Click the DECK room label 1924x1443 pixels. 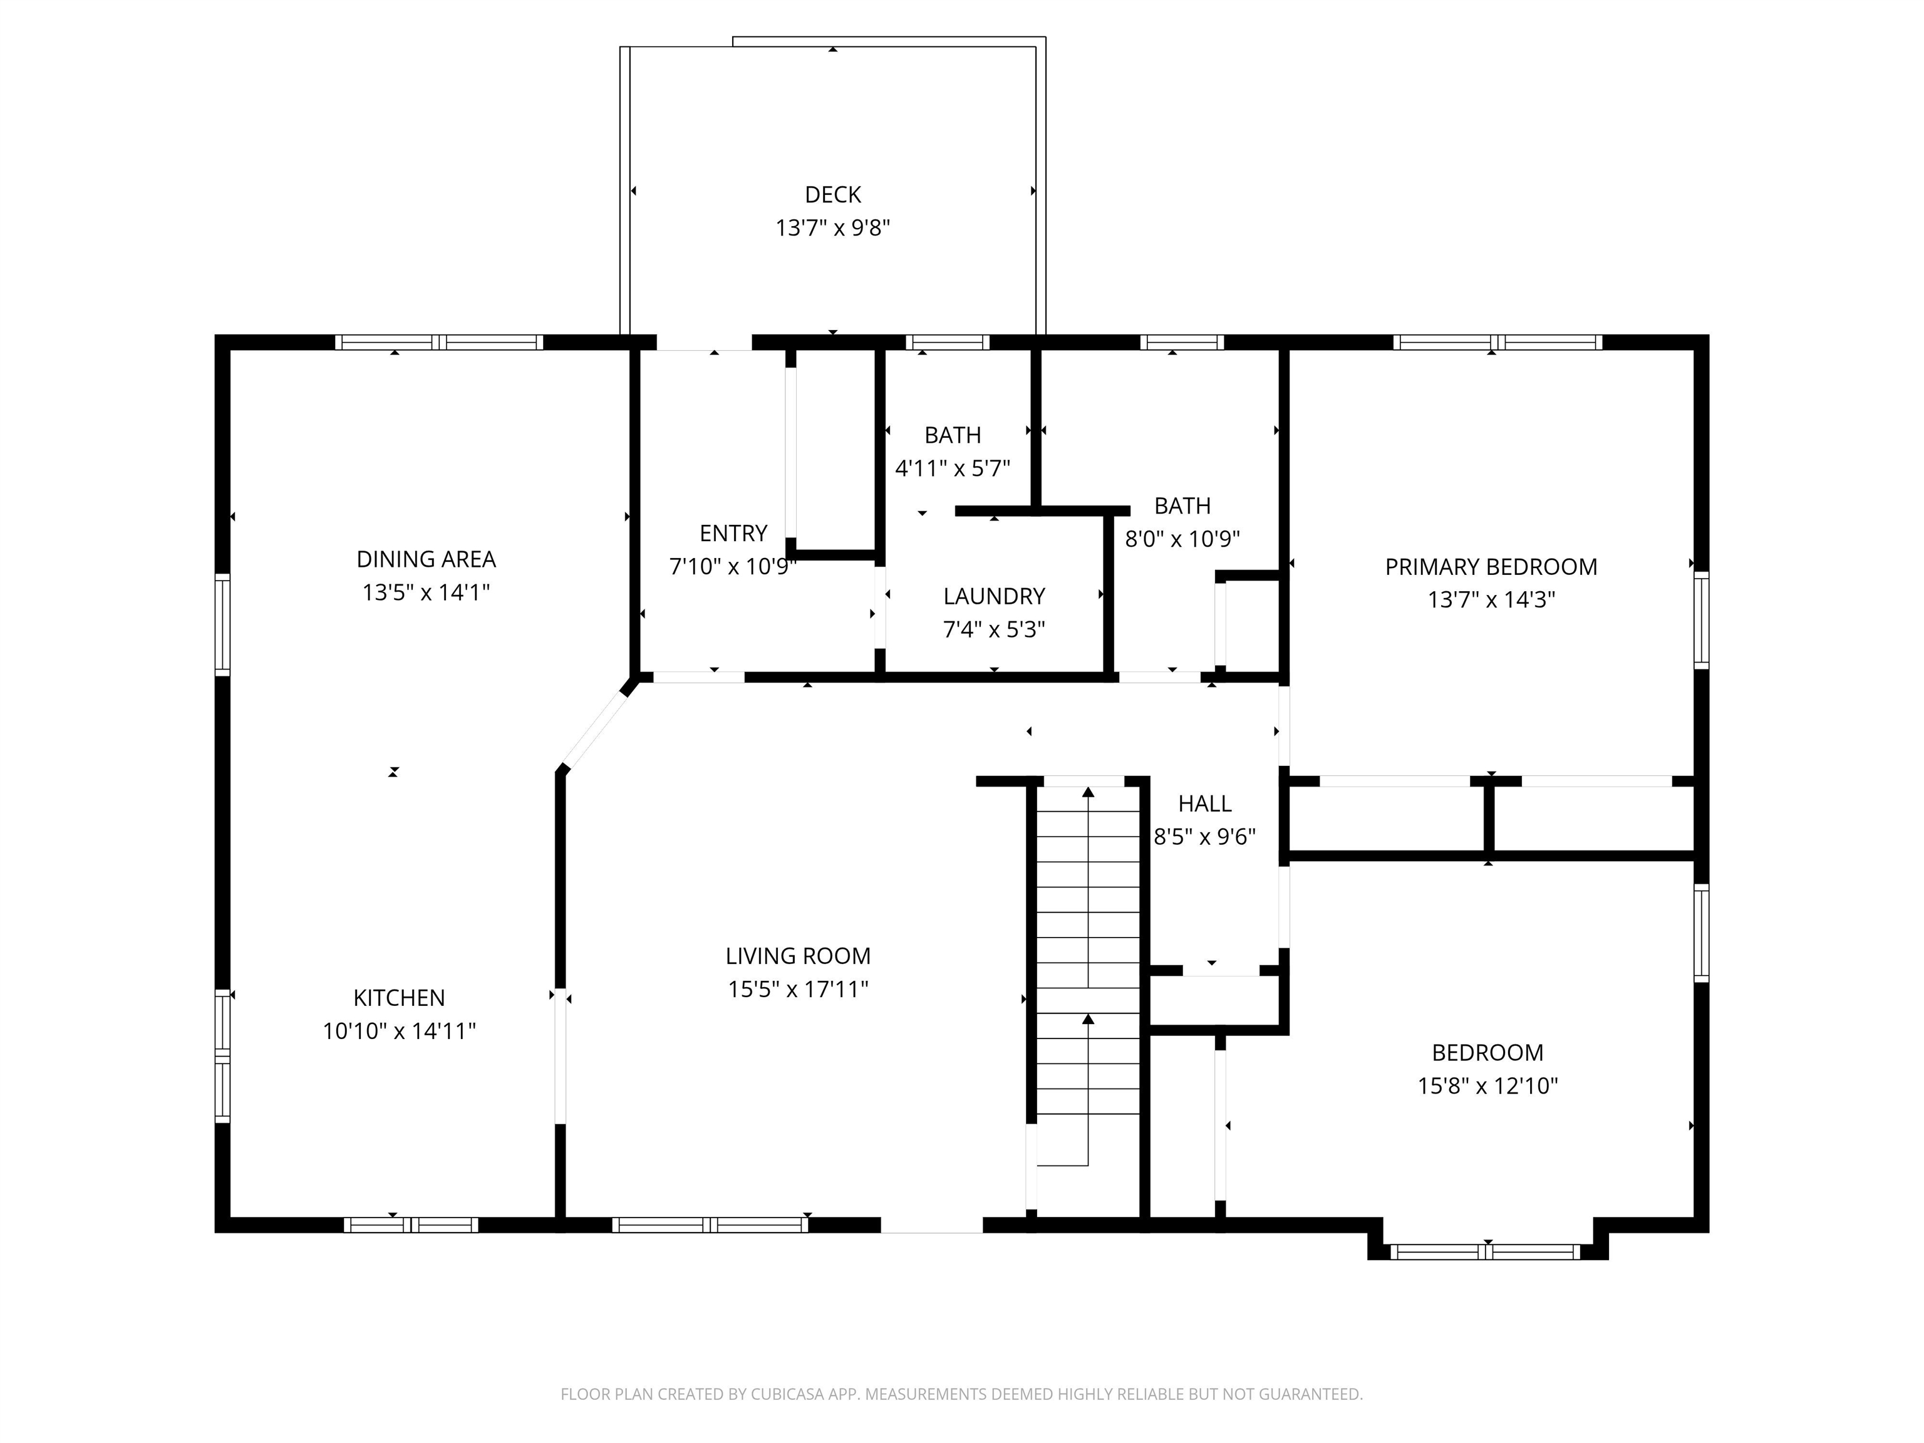[832, 195]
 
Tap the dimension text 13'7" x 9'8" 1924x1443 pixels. [832, 228]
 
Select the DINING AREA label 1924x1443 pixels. [427, 559]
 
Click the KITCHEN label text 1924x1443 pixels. [399, 998]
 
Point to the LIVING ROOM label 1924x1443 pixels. [798, 956]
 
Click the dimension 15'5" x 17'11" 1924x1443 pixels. [798, 989]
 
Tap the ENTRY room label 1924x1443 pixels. [733, 533]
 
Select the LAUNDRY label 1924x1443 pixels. [994, 597]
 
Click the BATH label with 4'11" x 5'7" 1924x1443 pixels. [953, 435]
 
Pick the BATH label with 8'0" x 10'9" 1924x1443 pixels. [1182, 506]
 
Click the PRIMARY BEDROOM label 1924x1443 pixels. [1491, 567]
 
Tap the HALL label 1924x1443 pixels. [1204, 804]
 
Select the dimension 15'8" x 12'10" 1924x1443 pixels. [1487, 1085]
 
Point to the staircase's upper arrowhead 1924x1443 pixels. [1088, 792]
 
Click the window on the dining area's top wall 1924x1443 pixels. [439, 343]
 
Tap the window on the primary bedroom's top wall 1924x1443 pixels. [1497, 343]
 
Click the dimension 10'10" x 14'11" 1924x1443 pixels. [399, 1032]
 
